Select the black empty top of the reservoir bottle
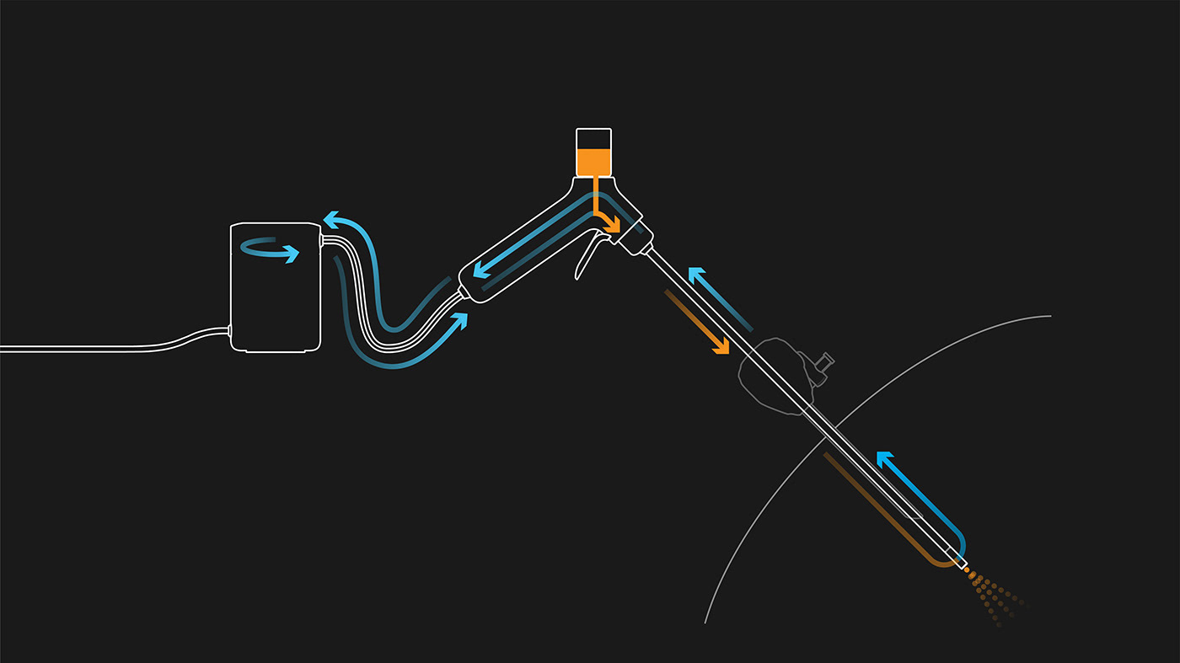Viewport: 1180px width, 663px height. (x=593, y=138)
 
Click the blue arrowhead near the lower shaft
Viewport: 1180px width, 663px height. (x=884, y=460)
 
